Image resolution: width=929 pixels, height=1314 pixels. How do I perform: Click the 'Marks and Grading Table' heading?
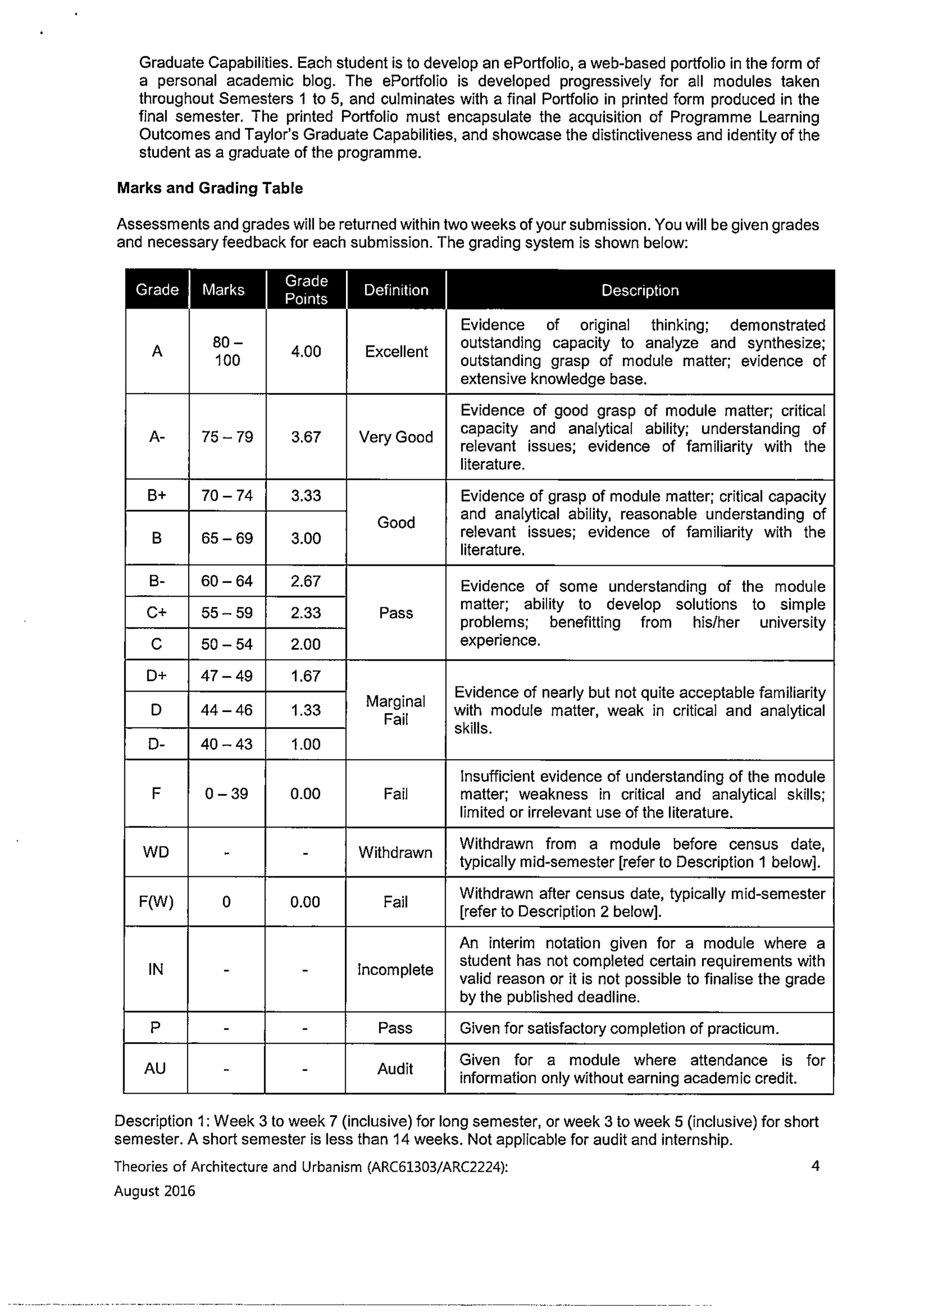tap(210, 188)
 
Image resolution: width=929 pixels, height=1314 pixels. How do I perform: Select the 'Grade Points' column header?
tap(306, 289)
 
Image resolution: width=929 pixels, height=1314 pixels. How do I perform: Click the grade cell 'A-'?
tap(157, 437)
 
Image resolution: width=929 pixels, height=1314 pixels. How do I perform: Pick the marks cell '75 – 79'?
tap(227, 437)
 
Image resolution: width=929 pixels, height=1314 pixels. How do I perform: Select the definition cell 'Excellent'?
tap(396, 352)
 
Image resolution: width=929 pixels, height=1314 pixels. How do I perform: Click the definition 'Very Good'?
tap(396, 437)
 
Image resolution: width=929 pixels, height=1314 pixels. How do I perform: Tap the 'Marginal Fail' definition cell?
tap(396, 710)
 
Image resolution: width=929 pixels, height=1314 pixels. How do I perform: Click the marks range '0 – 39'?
tap(227, 793)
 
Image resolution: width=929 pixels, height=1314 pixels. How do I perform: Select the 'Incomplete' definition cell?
tap(395, 969)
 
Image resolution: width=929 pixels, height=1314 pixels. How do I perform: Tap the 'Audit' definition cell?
tap(395, 1069)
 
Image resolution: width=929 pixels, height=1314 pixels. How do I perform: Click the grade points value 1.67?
tap(306, 676)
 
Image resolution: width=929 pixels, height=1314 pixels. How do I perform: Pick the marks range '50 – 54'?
tap(227, 644)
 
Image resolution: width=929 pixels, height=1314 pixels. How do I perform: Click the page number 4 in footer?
tap(815, 1166)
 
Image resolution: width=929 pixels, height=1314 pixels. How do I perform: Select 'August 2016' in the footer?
tap(155, 1191)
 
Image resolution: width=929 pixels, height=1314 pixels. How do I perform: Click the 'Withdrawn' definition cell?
tap(395, 852)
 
